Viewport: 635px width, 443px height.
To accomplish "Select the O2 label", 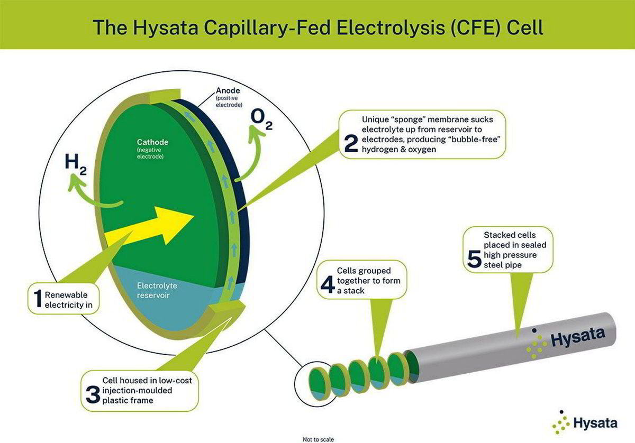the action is point(261,121).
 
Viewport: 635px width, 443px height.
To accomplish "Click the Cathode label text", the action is point(152,142).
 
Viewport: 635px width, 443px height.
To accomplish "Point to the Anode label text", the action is point(228,90).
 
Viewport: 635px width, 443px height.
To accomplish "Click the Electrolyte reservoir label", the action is point(157,290).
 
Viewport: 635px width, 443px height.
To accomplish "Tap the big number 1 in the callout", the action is point(38,298).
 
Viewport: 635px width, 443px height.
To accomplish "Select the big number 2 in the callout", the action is point(351,143).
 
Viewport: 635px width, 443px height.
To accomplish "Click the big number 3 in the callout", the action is point(93,394).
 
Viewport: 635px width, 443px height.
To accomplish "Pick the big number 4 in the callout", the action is point(328,284).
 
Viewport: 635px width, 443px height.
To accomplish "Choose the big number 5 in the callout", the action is point(474,259).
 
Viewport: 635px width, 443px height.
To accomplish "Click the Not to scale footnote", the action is point(318,439).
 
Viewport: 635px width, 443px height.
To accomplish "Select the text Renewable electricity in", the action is point(69,300).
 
